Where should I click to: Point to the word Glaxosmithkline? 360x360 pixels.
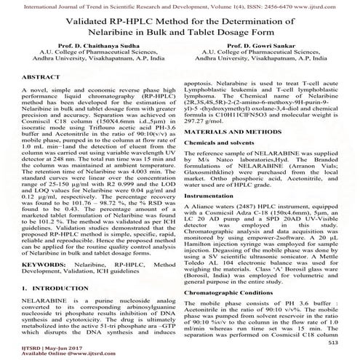click(217, 193)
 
